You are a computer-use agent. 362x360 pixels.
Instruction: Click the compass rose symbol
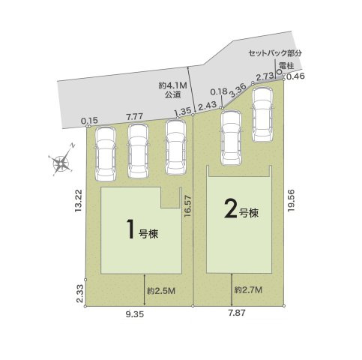pos(61,162)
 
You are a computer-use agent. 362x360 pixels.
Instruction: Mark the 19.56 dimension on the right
pos(296,202)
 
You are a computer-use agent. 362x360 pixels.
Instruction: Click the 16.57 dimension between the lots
pos(188,217)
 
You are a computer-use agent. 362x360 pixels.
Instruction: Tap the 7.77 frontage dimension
pos(135,117)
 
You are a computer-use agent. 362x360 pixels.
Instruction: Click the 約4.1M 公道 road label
pos(171,91)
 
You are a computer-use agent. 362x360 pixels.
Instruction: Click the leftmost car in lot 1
pos(104,151)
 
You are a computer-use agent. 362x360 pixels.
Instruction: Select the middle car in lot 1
pos(136,151)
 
